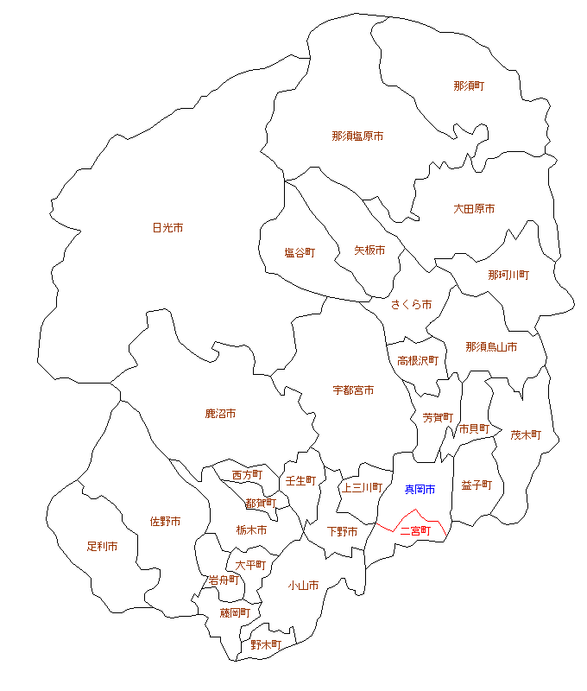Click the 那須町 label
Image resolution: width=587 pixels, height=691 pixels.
click(469, 86)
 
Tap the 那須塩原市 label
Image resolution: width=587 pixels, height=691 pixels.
click(357, 136)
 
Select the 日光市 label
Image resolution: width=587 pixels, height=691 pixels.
click(167, 228)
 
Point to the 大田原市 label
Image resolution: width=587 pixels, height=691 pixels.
click(474, 209)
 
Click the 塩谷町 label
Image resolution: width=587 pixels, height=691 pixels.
click(300, 253)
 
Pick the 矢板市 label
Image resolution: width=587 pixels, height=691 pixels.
click(369, 250)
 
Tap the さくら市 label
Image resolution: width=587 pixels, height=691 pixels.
click(411, 305)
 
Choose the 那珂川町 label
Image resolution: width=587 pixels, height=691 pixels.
click(508, 275)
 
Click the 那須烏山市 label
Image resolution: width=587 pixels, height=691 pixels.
click(491, 347)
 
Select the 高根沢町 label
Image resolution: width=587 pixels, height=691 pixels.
click(418, 360)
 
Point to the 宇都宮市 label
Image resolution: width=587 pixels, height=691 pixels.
click(353, 390)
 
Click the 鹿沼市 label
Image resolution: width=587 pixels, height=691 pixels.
click(220, 414)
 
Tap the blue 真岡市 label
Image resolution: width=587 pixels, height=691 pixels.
click(420, 490)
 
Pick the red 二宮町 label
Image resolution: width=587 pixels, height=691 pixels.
click(415, 531)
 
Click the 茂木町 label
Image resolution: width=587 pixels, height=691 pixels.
click(525, 434)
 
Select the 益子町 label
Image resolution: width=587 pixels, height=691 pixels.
click(477, 485)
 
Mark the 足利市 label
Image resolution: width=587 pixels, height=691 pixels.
click(102, 547)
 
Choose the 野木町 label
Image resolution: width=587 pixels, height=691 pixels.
click(266, 644)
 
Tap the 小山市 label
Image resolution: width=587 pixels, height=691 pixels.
click(303, 586)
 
